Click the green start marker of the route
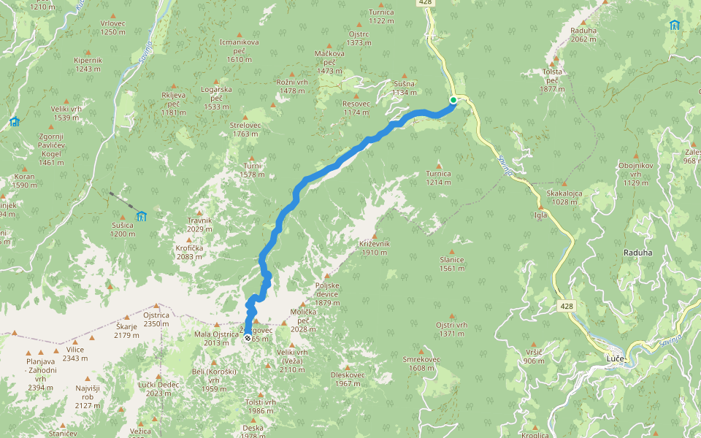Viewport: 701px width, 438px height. coord(453,100)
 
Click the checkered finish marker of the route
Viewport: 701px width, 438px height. coord(248,338)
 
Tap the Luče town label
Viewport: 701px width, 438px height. coord(616,359)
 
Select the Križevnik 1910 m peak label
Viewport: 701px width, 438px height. coord(375,247)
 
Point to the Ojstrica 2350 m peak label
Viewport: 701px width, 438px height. coord(156,319)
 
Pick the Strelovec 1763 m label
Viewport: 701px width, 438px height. coord(245,129)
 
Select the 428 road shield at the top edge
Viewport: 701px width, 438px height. coord(426,4)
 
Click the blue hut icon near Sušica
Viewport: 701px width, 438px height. coord(142,215)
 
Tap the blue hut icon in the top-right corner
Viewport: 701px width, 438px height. coord(673,26)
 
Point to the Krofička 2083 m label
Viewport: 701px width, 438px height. coord(189,252)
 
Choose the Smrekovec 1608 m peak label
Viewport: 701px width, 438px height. coord(421,364)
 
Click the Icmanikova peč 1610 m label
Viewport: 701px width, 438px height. coord(240,50)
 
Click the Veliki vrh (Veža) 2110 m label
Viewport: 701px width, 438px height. coord(292,361)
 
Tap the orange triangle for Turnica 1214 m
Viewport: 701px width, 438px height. coord(439,165)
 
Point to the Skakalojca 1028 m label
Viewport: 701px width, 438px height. coord(564,197)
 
